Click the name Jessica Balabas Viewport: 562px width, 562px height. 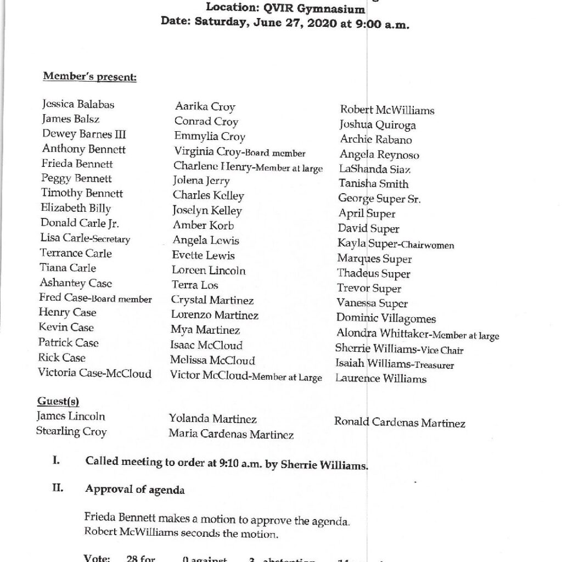(78, 104)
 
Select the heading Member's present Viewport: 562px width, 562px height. (89, 76)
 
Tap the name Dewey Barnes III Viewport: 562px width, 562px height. (84, 134)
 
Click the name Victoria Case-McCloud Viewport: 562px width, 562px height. (94, 373)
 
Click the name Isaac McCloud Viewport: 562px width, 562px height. (206, 345)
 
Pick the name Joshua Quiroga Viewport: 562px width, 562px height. (377, 125)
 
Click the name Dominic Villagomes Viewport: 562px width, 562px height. (386, 318)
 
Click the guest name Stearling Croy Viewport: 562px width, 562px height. (71, 431)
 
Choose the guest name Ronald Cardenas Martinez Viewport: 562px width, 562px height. (400, 423)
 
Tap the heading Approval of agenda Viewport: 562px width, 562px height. (135, 490)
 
